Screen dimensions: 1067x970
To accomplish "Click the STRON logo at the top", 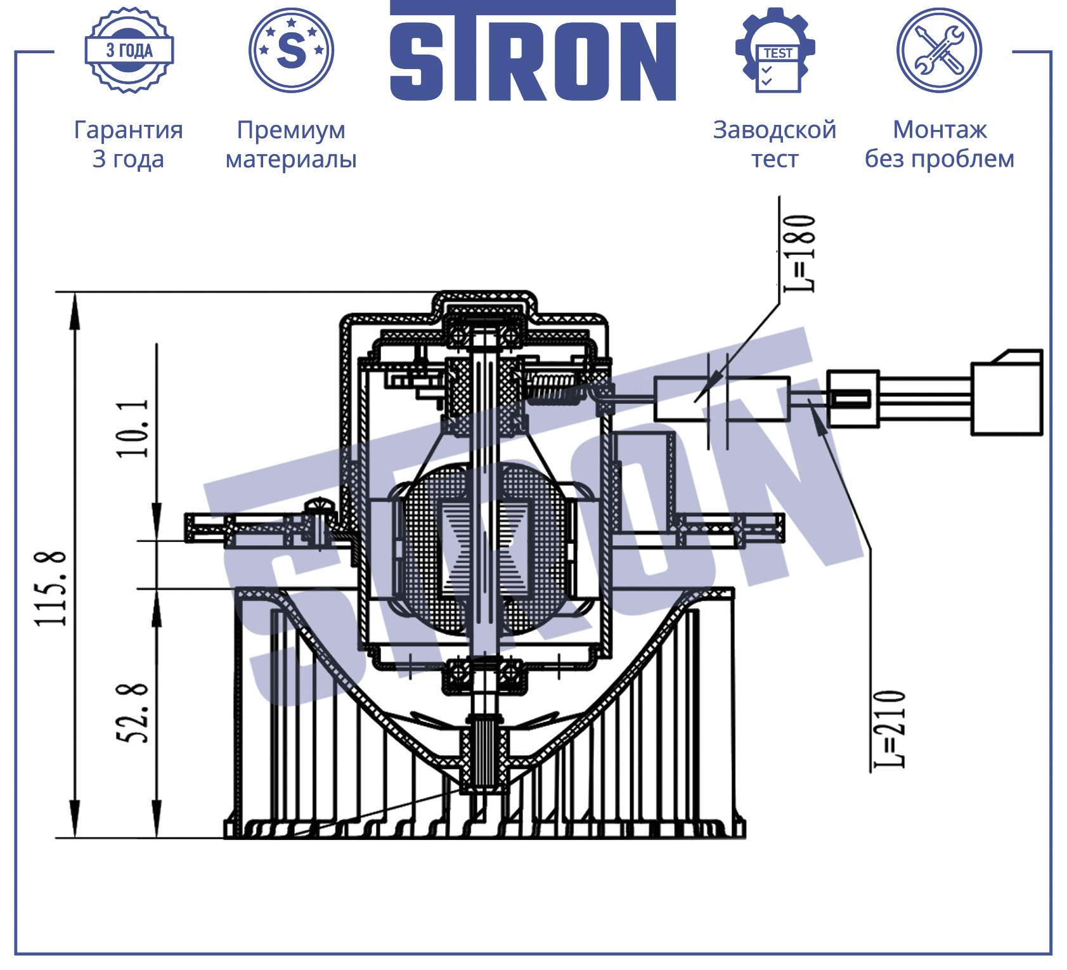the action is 533,51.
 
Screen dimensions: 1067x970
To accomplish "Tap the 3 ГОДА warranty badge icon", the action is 129,50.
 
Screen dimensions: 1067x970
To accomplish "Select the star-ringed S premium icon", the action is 291,50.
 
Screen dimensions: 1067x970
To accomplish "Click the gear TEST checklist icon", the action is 775,50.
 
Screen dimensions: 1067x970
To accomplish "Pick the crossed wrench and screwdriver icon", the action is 939,50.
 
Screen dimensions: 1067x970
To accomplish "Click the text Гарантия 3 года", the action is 129,144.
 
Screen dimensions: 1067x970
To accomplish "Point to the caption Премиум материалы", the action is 291,144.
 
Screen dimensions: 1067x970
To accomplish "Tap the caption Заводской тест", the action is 775,144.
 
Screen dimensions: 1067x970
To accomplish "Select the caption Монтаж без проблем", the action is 940,144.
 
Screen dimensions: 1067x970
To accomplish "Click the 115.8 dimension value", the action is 51,588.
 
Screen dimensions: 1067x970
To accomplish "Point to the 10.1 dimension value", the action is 133,428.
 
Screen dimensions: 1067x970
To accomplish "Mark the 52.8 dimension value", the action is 133,713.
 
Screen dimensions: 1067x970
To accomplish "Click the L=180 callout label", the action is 799,253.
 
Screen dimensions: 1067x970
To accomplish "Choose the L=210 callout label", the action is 889,729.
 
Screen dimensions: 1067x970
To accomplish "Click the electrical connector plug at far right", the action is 1007,392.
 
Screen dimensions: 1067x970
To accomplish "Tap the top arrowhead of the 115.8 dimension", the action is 75,311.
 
